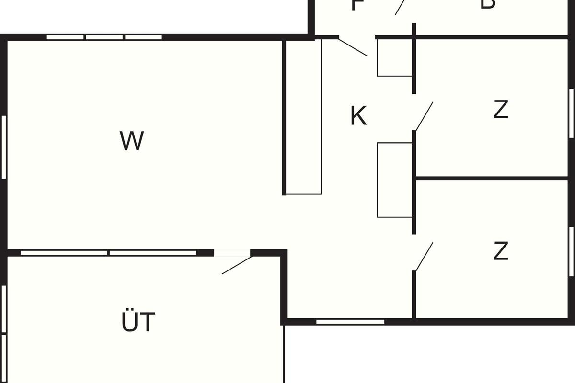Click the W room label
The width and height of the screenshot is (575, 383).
pyautogui.click(x=132, y=141)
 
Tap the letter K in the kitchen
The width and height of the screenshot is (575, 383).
pyautogui.click(x=358, y=116)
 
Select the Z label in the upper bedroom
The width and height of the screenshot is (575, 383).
pyautogui.click(x=500, y=110)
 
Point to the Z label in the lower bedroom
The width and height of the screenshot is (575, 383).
pyautogui.click(x=500, y=251)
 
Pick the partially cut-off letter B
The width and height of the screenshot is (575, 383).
pyautogui.click(x=487, y=4)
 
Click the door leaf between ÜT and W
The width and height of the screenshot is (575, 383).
pyautogui.click(x=237, y=265)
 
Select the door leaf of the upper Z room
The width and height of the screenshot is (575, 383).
pyautogui.click(x=424, y=116)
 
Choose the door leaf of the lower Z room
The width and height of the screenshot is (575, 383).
pyautogui.click(x=424, y=257)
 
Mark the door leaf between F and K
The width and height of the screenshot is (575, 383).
pyautogui.click(x=353, y=47)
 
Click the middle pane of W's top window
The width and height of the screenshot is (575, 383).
pyautogui.click(x=104, y=37)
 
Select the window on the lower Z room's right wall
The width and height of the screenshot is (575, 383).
pyautogui.click(x=571, y=251)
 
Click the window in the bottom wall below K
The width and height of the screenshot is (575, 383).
pyautogui.click(x=350, y=322)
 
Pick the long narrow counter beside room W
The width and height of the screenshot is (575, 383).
pyautogui.click(x=304, y=117)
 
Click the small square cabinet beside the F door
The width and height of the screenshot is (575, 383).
pyautogui.click(x=394, y=57)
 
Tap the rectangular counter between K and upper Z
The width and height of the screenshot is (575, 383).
pyautogui.click(x=394, y=180)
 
